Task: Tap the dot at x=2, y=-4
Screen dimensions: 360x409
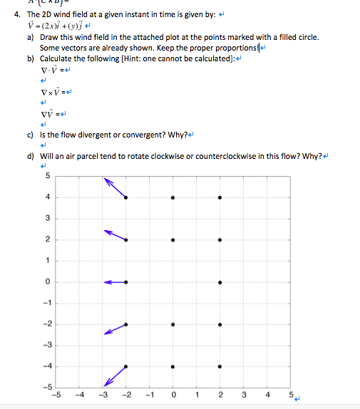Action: pos(220,368)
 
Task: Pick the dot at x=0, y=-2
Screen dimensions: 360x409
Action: pos(173,325)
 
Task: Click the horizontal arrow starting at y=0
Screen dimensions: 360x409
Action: pos(115,282)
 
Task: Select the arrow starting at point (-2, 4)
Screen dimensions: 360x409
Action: pos(116,188)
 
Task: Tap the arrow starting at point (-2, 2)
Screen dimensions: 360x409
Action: pos(115,235)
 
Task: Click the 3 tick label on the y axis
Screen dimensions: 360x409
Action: pos(48,217)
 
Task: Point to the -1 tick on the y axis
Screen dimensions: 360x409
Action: pos(47,303)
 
